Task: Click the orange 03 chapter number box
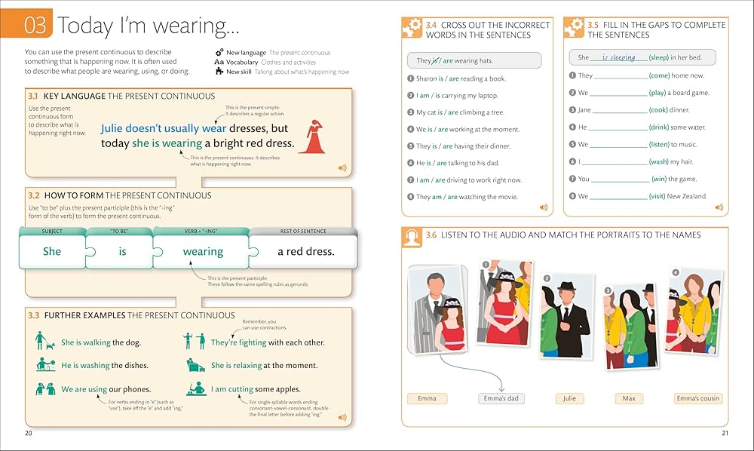[35, 26]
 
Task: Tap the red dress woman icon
[311, 137]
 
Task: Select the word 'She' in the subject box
[52, 251]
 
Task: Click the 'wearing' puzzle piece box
[203, 251]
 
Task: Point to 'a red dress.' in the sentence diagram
[306, 251]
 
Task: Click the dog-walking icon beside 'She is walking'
[45, 342]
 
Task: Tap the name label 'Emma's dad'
[501, 398]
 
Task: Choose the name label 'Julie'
[569, 398]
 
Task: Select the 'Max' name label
[629, 398]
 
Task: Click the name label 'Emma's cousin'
[697, 398]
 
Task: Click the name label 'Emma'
[427, 398]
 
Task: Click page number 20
[29, 433]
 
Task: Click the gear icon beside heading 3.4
[412, 29]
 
